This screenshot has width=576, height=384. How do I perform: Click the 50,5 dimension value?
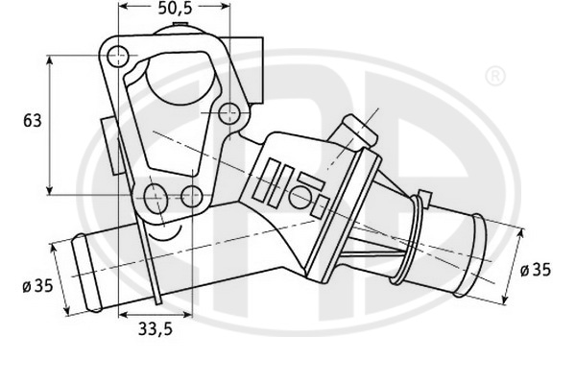tap(176, 8)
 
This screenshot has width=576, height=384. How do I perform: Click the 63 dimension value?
tap(33, 121)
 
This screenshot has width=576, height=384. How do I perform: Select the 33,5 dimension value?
tap(155, 329)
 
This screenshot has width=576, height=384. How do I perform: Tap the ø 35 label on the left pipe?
tap(37, 286)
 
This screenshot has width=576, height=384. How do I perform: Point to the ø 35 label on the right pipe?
tap(536, 270)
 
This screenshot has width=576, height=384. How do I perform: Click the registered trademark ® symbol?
tap(495, 76)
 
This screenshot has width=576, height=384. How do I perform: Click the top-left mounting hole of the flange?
tap(118, 57)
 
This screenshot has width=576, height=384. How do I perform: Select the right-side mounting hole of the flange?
tap(228, 113)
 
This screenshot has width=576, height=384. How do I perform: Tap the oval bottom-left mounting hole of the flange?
tap(156, 199)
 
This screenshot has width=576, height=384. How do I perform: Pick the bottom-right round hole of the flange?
tap(192, 196)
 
